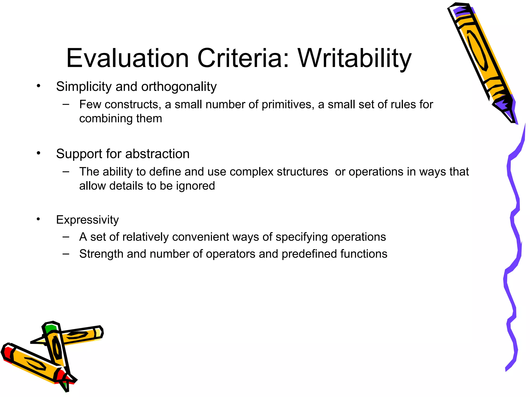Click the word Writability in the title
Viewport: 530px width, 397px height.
pos(355,58)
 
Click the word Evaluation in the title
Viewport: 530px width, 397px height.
pos(127,58)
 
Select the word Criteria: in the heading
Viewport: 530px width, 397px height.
pos(243,58)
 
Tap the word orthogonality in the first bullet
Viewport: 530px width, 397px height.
pos(179,87)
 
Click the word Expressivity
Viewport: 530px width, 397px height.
pos(87,220)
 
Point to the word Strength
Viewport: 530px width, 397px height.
pos(101,254)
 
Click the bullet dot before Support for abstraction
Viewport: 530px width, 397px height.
pos(39,153)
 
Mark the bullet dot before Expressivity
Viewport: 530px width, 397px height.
pos(39,219)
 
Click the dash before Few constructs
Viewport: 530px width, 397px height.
pos(66,104)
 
